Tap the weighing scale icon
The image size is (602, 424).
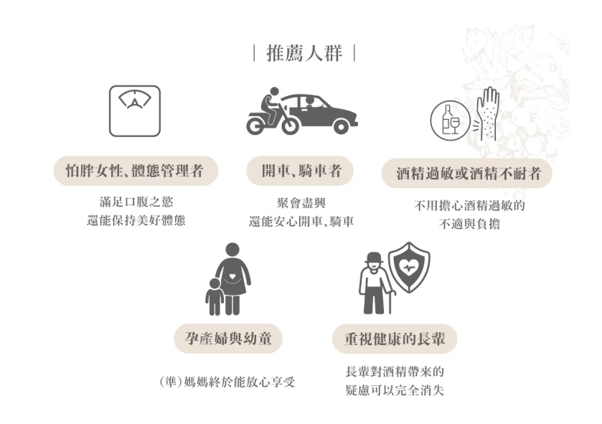[134, 110]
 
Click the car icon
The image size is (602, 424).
[321, 113]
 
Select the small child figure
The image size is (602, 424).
[214, 297]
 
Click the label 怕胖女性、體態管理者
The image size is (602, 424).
[136, 171]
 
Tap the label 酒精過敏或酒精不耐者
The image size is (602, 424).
[468, 173]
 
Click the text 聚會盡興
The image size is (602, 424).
[301, 203]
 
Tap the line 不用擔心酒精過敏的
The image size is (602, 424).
[469, 206]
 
